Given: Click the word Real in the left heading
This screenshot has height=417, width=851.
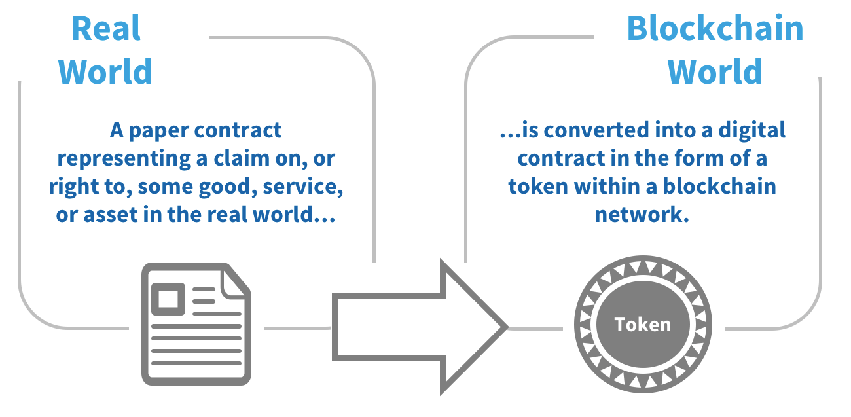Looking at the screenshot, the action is point(106,29).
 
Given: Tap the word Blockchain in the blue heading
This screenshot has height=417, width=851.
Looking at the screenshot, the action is point(715,29).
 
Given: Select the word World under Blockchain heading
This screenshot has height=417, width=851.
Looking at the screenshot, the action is point(715,72).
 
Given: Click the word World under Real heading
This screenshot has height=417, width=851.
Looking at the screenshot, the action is point(105,72).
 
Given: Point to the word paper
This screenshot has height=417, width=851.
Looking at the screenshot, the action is point(159,131).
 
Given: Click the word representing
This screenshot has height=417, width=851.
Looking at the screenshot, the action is point(124,159).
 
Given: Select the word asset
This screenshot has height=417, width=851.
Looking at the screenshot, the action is point(111,215).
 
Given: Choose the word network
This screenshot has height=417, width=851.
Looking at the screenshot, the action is point(642,215).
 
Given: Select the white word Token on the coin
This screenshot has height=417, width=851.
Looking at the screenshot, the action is point(643,325).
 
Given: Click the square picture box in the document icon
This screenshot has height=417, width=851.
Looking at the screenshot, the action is point(168,299).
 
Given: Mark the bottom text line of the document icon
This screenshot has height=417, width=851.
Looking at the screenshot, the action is point(196,363).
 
